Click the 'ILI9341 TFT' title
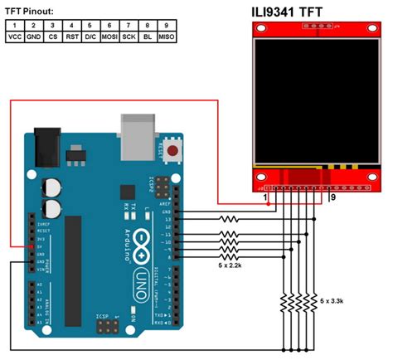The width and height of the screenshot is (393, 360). coord(299,13)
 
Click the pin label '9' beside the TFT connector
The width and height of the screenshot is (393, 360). coord(332,199)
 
